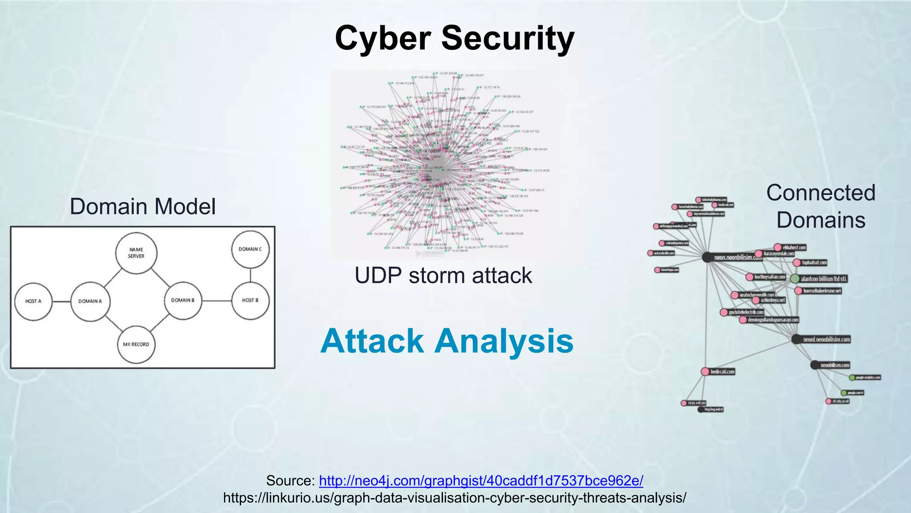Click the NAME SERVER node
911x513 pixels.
136,253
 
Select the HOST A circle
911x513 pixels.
33,301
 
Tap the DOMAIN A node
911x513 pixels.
90,301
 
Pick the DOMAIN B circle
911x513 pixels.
183,301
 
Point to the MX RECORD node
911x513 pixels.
136,344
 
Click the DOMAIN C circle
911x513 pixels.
250,249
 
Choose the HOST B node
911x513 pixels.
250,301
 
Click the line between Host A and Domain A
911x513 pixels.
62,301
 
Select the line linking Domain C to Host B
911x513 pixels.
250,275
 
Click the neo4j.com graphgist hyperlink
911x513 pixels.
481,480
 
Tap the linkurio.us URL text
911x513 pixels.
455,497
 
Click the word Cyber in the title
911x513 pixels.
383,38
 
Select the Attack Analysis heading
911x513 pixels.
447,341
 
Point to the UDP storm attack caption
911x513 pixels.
443,275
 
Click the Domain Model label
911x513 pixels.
143,207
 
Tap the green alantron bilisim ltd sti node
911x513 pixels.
795,279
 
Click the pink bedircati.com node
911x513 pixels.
705,371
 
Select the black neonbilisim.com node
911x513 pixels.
814,365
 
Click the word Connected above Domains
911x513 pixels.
821,193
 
